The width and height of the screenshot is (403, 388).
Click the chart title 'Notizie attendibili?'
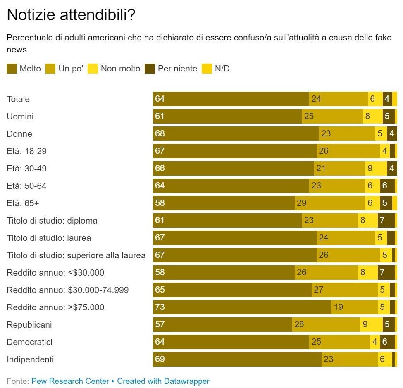coord(71,15)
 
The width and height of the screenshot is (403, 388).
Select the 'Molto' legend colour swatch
coord(12,69)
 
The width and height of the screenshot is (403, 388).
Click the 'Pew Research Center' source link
coord(70,381)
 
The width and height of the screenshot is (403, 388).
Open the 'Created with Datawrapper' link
coord(163,381)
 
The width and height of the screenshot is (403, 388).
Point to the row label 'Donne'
coord(19,134)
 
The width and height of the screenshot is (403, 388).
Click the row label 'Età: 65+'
coord(23,203)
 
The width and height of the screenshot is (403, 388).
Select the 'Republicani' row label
coord(29,325)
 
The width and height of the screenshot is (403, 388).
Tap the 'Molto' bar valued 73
coord(242,307)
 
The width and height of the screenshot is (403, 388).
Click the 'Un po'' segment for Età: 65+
coord(330,203)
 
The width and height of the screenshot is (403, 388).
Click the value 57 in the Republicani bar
coord(160,325)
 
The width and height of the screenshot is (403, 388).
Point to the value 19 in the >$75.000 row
coord(338,307)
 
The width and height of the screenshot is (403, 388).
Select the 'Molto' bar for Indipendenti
coord(237,359)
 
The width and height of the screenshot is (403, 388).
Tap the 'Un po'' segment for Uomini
coord(332,117)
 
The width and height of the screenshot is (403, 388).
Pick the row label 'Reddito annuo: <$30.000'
coord(55,273)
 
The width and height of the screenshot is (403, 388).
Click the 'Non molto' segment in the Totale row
coord(375,99)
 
